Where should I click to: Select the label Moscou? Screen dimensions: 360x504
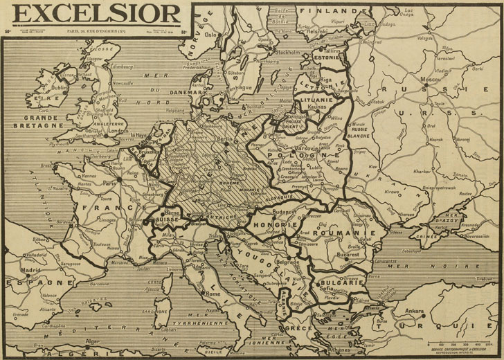pos(433,82)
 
